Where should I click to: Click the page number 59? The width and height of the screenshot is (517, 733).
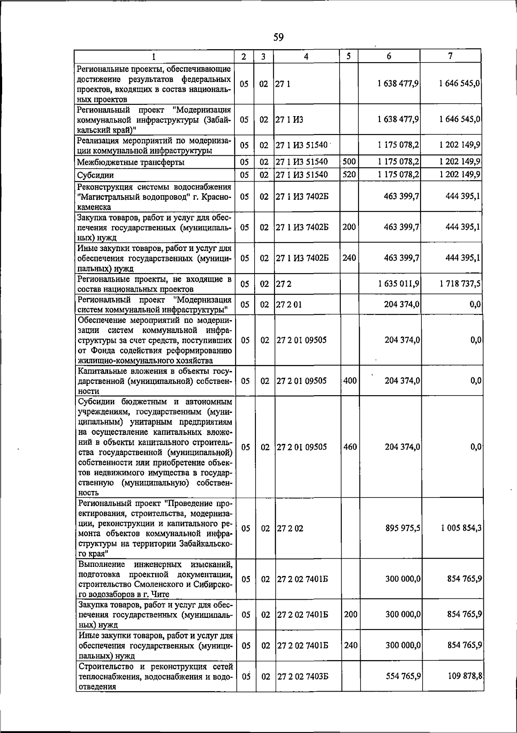278,38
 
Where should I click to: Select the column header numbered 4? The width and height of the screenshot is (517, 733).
306,57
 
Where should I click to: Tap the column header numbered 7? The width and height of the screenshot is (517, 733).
450,56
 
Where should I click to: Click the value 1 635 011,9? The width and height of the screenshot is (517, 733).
399,284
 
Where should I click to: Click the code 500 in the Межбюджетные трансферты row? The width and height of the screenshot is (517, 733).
349,162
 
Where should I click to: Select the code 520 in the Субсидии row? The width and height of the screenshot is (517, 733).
349,175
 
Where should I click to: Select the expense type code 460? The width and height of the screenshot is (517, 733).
350,447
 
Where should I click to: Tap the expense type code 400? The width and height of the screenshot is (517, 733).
350,381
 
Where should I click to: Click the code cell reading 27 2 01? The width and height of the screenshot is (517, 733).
289,305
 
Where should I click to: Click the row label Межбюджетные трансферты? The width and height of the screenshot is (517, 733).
131,163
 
